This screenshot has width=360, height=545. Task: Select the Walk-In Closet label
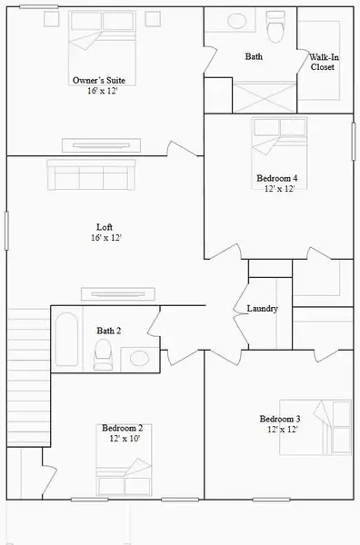(x=323, y=62)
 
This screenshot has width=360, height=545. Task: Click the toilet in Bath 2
(x=104, y=356)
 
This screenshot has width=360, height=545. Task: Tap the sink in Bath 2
(x=138, y=357)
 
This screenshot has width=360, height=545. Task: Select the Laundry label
(x=262, y=309)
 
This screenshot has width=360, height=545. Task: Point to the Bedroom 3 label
(x=280, y=418)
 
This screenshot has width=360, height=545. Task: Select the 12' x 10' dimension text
(x=122, y=438)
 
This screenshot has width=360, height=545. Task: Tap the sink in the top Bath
(x=239, y=24)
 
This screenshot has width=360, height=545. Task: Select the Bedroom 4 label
(x=280, y=178)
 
